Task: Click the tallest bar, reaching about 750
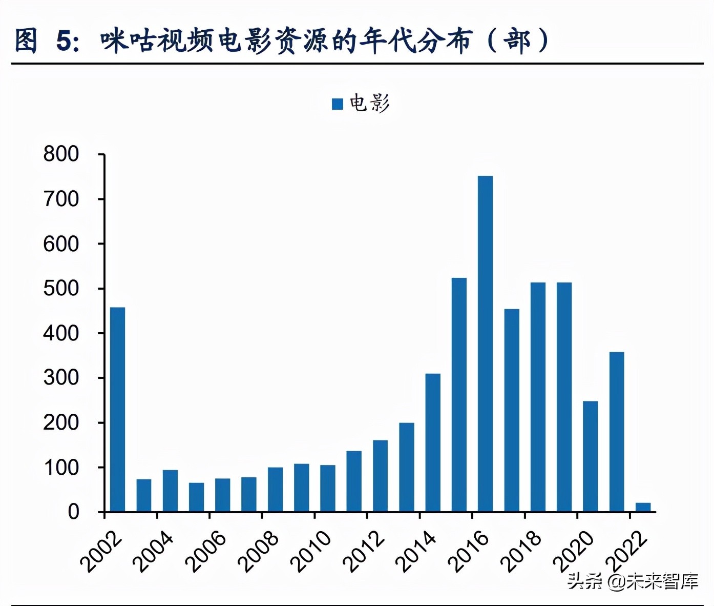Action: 485,344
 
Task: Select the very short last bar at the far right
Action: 643,507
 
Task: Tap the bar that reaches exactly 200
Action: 407,467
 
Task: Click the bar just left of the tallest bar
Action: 459,395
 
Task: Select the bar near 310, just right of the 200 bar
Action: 433,442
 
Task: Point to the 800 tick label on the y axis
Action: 61,154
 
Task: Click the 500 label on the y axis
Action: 61,289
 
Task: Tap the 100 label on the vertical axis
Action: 61,468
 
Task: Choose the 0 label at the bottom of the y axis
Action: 73,512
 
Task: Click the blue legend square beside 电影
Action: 338,104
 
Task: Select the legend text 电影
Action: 369,104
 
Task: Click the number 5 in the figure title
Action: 64,41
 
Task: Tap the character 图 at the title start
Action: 26,41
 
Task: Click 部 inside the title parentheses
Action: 517,41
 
